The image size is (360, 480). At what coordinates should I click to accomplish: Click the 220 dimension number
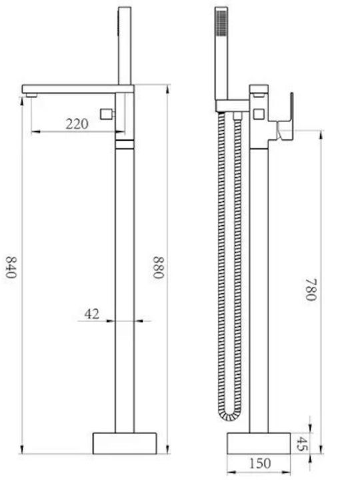pyautogui.click(x=77, y=124)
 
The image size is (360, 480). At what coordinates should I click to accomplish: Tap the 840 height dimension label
pyautogui.click(x=11, y=267)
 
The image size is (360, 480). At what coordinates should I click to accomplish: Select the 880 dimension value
pyautogui.click(x=159, y=267)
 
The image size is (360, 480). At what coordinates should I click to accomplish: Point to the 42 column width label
pyautogui.click(x=92, y=314)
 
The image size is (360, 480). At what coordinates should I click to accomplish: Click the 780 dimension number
pyautogui.click(x=311, y=289)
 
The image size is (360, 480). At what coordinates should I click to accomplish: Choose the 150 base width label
pyautogui.click(x=260, y=463)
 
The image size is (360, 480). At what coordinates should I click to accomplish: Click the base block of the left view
pyautogui.click(x=125, y=443)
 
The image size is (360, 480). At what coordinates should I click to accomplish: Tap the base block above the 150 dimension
pyautogui.click(x=259, y=443)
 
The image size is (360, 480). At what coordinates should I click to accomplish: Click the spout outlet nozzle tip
pyautogui.click(x=31, y=95)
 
